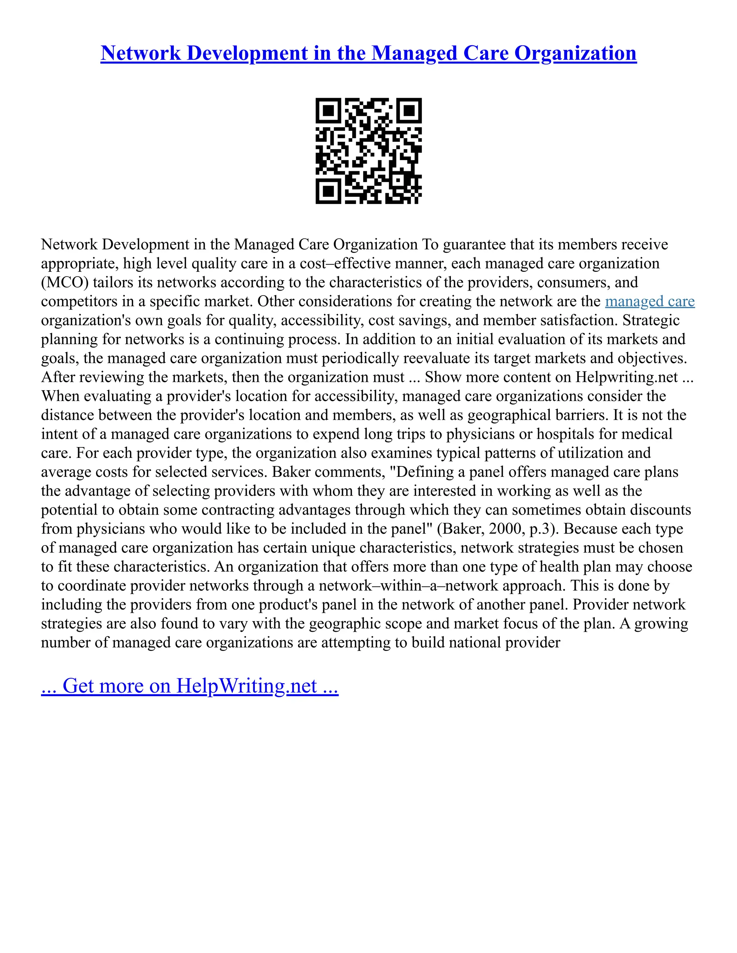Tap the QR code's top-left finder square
click(328, 110)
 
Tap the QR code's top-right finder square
click(409, 110)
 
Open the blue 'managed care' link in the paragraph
click(650, 301)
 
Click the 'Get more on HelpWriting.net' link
click(190, 685)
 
